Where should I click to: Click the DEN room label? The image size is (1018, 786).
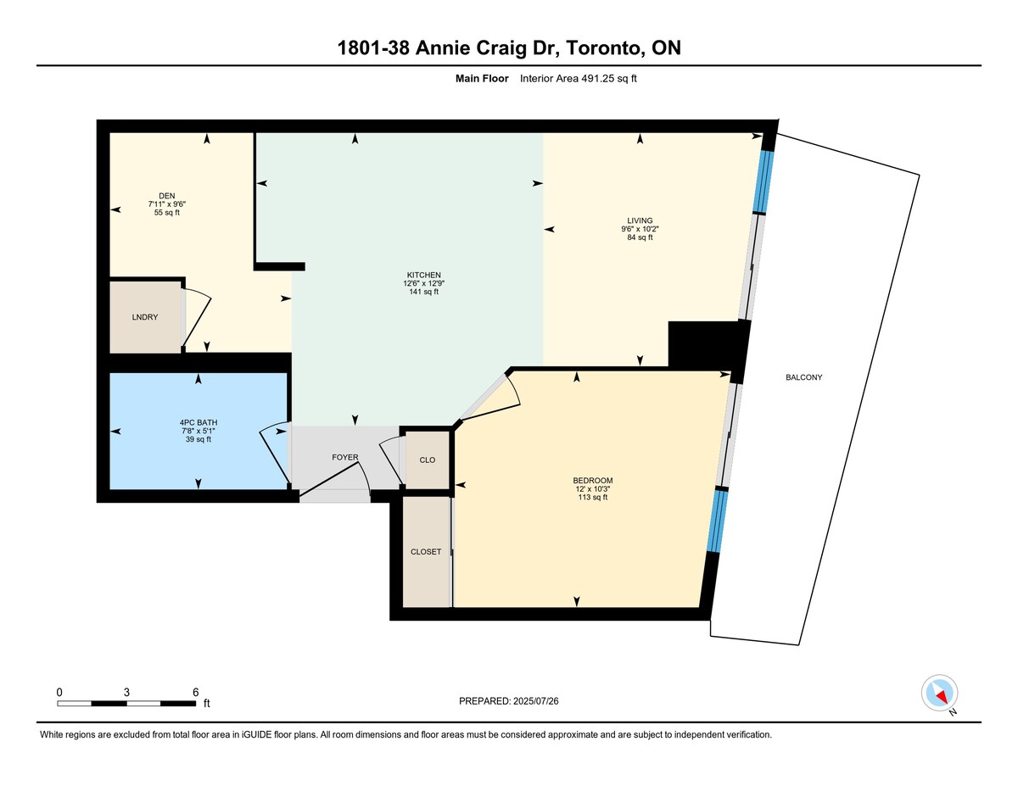[167, 196]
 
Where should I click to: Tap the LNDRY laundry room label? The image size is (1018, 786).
[145, 317]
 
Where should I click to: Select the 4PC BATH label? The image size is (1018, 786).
[199, 422]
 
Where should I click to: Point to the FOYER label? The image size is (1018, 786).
[345, 457]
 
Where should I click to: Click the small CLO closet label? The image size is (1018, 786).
[428, 460]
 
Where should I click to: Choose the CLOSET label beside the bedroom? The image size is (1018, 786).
[426, 552]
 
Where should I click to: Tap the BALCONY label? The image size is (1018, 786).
[804, 377]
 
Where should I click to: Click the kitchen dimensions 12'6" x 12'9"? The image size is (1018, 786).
[424, 283]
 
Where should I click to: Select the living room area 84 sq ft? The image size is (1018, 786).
[640, 237]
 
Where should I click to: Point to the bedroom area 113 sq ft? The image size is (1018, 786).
[593, 497]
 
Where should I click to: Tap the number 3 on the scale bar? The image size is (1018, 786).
[126, 692]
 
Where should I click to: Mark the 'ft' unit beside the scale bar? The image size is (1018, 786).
[207, 703]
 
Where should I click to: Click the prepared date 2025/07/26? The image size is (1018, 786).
[536, 701]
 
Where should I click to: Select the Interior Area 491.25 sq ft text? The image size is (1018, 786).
[578, 79]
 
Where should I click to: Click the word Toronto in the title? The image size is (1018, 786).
[602, 48]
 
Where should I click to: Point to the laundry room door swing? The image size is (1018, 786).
[197, 318]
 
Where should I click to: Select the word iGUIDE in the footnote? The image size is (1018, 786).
[257, 734]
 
